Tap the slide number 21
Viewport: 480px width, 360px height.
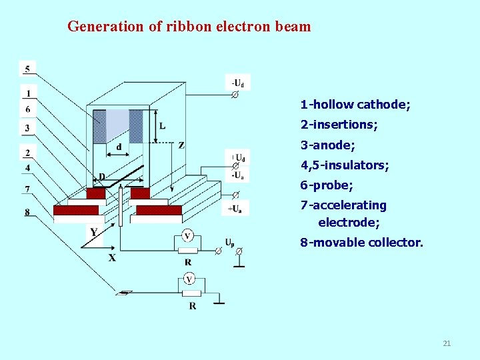click(x=447, y=343)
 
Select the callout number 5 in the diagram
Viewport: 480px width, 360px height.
click(x=27, y=69)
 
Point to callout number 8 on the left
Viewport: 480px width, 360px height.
click(x=27, y=212)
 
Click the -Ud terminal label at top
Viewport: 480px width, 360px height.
click(x=237, y=83)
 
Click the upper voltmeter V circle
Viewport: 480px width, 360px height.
click(x=187, y=236)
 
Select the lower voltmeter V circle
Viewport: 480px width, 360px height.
click(x=190, y=279)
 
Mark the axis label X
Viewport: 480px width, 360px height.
click(x=112, y=257)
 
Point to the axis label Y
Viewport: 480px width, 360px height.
click(x=94, y=232)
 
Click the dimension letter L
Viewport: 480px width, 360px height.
click(x=163, y=126)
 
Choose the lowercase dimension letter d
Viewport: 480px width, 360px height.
click(x=119, y=147)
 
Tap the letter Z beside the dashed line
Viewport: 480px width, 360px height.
click(x=181, y=145)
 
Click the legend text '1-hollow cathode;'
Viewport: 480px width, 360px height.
click(x=355, y=105)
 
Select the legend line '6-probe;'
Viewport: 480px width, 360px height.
click(x=326, y=185)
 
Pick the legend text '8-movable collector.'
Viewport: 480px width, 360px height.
click(x=361, y=243)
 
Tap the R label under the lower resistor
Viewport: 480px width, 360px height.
click(x=192, y=306)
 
